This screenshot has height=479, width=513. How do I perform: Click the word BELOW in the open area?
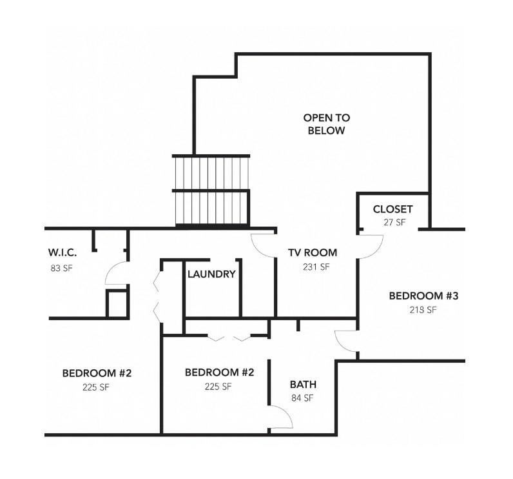(x=326, y=130)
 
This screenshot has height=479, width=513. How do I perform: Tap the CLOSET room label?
(x=392, y=209)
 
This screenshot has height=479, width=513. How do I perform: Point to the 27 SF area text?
(x=394, y=222)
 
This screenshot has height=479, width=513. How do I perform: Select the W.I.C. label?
(x=63, y=252)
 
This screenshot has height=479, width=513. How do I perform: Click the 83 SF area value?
(x=61, y=268)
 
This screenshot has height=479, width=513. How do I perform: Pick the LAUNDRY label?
(x=211, y=274)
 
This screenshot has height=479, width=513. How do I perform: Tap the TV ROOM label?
(x=313, y=252)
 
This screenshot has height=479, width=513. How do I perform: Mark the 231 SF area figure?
(x=316, y=267)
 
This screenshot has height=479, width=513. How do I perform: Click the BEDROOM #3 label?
(x=423, y=296)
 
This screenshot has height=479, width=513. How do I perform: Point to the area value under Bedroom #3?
(x=423, y=310)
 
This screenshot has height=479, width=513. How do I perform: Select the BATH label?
(x=303, y=384)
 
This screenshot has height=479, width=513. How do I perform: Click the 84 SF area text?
(x=302, y=398)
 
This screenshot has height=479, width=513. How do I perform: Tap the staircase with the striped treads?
(x=211, y=190)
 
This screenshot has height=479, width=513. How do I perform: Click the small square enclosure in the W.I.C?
(x=117, y=303)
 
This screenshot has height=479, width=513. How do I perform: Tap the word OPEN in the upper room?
(x=327, y=117)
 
